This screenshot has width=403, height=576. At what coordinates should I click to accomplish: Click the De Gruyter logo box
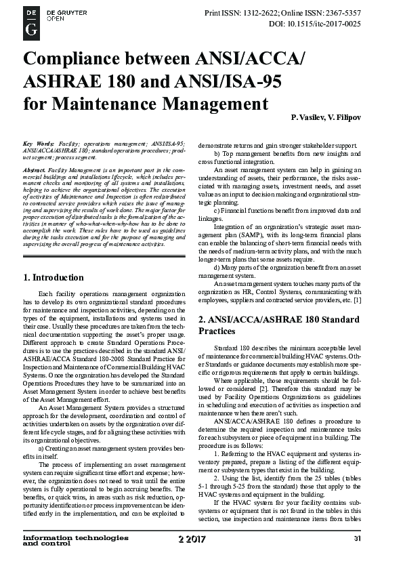pos(31,20)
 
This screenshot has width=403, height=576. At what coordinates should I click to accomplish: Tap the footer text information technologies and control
pos(75,557)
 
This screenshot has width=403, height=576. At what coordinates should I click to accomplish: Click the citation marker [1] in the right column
pos(375,299)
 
